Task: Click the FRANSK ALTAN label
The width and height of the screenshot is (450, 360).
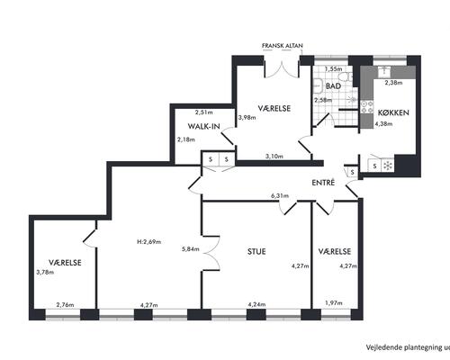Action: click(283, 46)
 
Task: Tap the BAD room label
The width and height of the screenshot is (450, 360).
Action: click(333, 86)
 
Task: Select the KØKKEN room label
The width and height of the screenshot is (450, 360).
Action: click(393, 112)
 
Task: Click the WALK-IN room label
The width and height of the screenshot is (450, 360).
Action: click(204, 126)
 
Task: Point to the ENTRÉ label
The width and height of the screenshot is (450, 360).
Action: click(323, 183)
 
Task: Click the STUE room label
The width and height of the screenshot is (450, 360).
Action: click(256, 251)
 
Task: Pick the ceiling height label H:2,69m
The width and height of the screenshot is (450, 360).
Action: click(148, 242)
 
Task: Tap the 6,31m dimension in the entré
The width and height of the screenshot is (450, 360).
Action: click(280, 196)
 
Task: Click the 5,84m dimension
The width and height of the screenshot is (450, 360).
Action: click(191, 249)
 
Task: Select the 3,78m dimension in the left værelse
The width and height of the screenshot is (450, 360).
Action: click(45, 273)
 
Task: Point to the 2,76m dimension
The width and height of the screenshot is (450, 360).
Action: click(65, 305)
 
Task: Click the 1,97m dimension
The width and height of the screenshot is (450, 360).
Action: click(334, 303)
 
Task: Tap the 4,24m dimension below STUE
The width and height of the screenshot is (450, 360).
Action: click(256, 305)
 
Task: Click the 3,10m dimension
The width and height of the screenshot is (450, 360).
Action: click(274, 157)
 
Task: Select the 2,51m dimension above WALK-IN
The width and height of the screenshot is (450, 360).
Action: click(204, 112)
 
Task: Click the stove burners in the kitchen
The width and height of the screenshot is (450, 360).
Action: click(367, 107)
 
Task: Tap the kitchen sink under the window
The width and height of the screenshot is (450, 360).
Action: click(383, 72)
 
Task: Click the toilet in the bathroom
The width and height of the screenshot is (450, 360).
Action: click(348, 77)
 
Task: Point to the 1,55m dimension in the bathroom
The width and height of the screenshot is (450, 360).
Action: click(334, 69)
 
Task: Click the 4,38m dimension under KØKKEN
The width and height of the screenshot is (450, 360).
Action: click(383, 123)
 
